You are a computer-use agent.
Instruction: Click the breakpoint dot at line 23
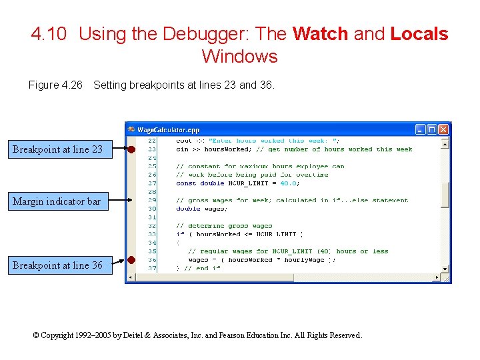click(132, 149)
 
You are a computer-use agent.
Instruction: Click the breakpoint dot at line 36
click(132, 259)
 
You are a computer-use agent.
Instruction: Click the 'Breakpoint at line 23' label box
click(57, 149)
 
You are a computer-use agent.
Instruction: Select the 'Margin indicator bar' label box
click(57, 201)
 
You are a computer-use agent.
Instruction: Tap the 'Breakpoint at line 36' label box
click(57, 265)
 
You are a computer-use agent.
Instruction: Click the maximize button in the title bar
click(432, 129)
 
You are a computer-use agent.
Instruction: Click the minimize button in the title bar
click(421, 129)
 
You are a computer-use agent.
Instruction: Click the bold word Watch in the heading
click(320, 34)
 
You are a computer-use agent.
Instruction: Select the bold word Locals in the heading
click(419, 34)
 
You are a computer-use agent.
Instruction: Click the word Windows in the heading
click(239, 56)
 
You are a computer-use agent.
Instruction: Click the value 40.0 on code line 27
click(288, 183)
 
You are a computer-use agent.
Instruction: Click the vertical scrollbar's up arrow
click(445, 142)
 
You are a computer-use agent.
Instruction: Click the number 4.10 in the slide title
click(49, 34)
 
